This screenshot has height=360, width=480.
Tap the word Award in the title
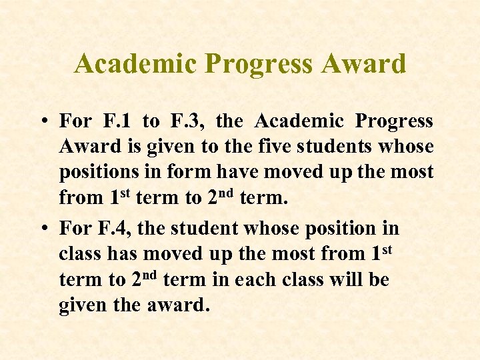tap(364, 64)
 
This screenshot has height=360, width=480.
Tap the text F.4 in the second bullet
tap(115, 229)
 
